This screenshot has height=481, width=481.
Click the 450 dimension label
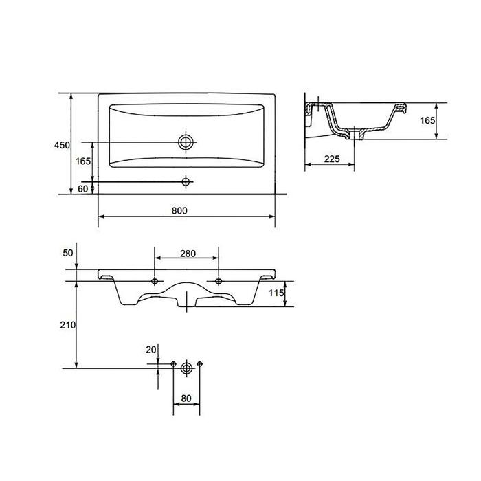tap(62, 145)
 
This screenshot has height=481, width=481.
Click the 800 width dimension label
tap(179, 211)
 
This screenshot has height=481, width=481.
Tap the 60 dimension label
tap(82, 189)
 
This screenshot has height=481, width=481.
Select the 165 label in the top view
tap(83, 161)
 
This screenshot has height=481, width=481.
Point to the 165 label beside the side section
tap(427, 120)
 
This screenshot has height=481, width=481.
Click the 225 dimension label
tap(332, 159)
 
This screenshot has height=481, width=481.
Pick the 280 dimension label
tap(188, 254)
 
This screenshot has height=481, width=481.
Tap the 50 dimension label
tap(68, 253)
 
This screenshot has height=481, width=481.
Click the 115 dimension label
tap(276, 293)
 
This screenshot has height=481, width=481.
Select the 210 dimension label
tap(68, 325)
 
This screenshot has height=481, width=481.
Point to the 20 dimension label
tap(151, 350)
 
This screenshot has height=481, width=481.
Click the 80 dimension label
tap(186, 399)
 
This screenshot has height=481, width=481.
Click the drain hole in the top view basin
tap(186, 142)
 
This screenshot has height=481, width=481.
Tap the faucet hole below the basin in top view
tap(186, 182)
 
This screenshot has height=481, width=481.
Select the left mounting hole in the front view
tap(155, 280)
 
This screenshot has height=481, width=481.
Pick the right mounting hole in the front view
tap(219, 280)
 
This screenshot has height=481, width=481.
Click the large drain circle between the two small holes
tap(186, 368)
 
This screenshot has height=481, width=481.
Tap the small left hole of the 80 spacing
tap(173, 363)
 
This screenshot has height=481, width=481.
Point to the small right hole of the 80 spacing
tap(200, 363)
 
